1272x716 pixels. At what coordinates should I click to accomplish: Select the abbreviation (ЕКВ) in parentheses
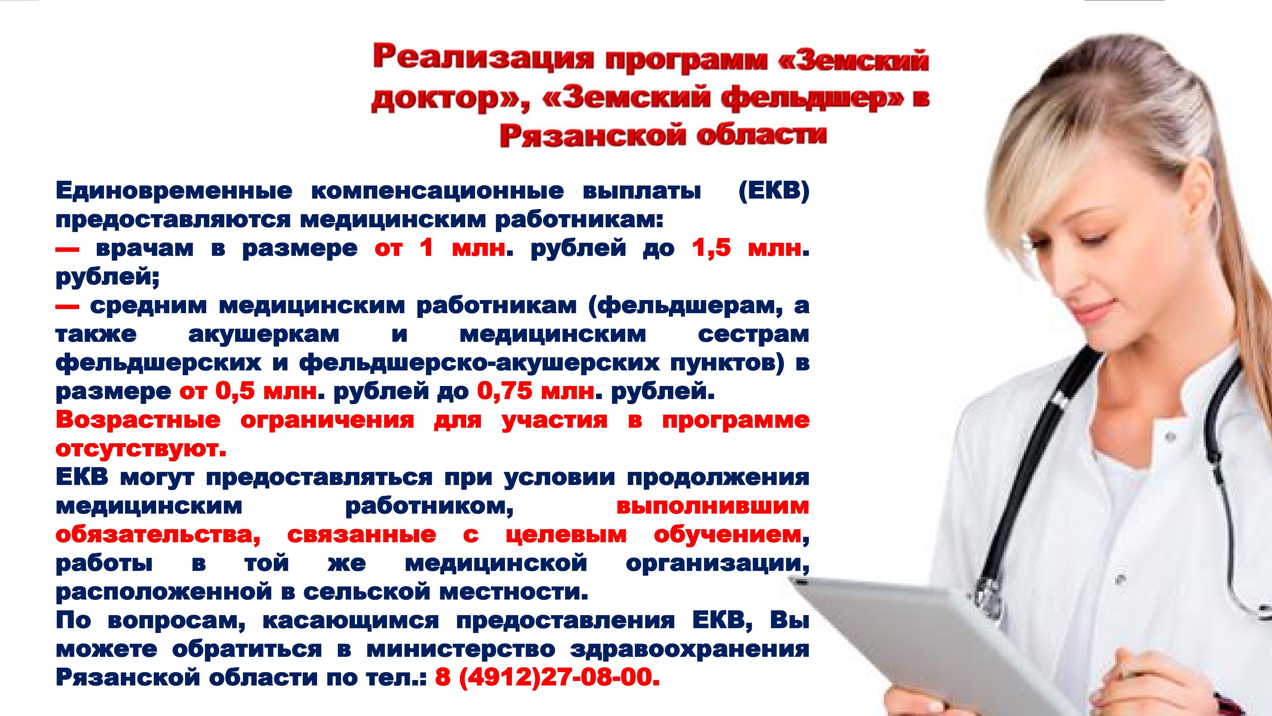pos(774,192)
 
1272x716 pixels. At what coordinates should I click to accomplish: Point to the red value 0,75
pos(505,391)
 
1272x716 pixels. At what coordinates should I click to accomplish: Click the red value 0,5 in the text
pos(235,391)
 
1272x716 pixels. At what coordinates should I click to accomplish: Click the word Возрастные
pos(138,420)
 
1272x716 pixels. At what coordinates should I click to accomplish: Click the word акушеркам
pos(264,334)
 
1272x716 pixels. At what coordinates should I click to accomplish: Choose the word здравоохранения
pos(690,649)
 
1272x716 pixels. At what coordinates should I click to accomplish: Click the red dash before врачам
pos(67,249)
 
